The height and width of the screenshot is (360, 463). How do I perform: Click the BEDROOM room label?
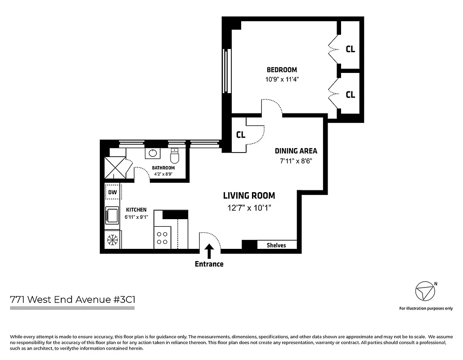point(282,70)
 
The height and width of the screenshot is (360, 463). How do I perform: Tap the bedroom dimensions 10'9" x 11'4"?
point(282,79)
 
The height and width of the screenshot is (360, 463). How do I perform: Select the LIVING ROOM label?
point(249,196)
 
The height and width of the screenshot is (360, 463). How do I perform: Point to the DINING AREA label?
point(296,151)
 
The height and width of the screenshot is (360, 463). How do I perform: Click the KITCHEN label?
point(136,210)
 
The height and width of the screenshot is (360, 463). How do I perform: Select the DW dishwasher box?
point(112,193)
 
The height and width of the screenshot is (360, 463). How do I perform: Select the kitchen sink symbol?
point(111,215)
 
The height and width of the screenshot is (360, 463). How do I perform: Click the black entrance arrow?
point(209,251)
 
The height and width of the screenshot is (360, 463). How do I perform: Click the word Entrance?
point(209,264)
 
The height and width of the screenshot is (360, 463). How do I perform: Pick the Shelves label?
point(276,245)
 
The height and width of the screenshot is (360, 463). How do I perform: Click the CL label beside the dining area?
point(240,135)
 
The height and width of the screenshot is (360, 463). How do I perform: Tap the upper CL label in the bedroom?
point(350,49)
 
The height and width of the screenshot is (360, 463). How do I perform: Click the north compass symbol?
point(425,292)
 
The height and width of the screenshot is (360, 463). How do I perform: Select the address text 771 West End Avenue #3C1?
point(72,299)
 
